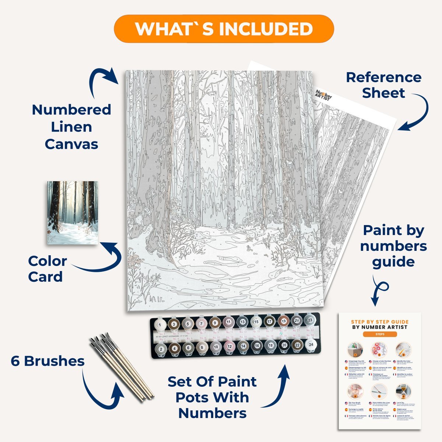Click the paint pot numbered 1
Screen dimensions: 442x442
[x=160, y=324]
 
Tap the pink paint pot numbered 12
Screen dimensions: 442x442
[x=229, y=346]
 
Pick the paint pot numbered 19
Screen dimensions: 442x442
[x=283, y=321]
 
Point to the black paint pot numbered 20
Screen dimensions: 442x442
[x=284, y=345]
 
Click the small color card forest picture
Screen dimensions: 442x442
[x=73, y=212]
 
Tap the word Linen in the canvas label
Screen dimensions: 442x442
[x=71, y=127]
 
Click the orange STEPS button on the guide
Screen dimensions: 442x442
[x=379, y=334]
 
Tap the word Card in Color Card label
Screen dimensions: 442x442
[x=45, y=277]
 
